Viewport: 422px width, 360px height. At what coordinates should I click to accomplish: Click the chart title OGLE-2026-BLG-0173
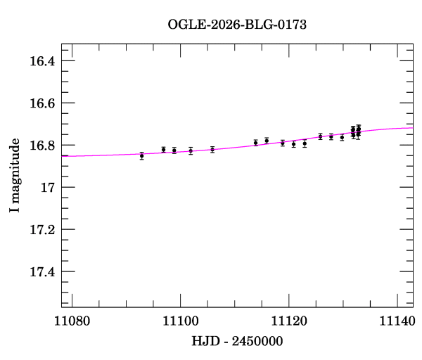coord(237,25)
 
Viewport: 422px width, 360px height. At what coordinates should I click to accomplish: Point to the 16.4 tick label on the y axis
coord(41,61)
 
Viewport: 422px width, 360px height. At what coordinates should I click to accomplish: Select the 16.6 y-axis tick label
coord(41,103)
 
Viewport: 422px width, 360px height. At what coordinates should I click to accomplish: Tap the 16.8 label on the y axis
coord(41,146)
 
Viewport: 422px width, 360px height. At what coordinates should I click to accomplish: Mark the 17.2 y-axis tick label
coord(41,230)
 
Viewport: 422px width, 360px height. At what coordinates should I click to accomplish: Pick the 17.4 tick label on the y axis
coord(41,272)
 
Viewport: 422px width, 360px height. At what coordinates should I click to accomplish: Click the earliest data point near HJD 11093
coord(142,155)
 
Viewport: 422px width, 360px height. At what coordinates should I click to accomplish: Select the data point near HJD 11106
coord(212,149)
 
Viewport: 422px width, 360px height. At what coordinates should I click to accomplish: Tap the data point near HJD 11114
coord(256,143)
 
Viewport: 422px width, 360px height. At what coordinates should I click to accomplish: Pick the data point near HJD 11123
coord(305,143)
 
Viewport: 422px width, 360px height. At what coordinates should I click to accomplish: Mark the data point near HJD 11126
coord(321,136)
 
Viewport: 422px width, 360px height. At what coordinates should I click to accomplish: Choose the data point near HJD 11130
coord(342,137)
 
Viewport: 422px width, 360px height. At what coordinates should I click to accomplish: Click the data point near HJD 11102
coord(191,150)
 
